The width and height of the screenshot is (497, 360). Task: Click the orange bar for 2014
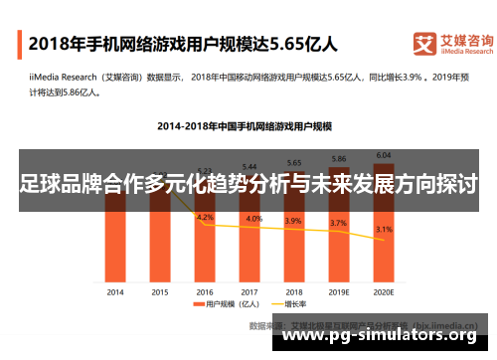coord(114,249)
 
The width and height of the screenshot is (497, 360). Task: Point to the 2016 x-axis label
coord(204,292)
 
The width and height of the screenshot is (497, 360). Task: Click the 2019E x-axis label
coord(339,292)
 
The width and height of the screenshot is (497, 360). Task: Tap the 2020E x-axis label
coord(384,292)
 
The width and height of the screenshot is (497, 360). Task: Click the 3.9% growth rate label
coord(294,221)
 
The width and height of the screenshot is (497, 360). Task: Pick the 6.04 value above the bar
coord(384,155)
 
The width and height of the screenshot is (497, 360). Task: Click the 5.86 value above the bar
coord(339,159)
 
